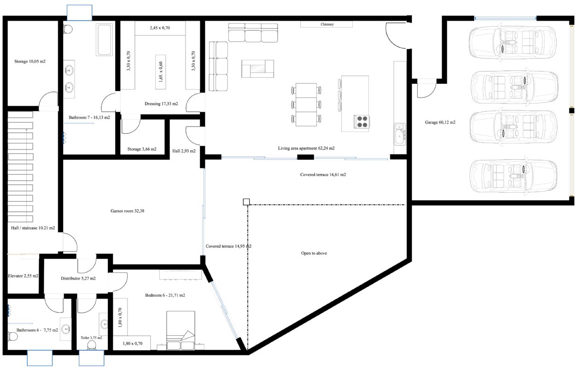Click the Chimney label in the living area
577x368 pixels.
(327, 24)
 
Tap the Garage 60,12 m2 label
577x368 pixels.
(440, 122)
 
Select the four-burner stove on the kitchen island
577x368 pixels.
(361, 122)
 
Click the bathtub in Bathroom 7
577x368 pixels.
(105, 40)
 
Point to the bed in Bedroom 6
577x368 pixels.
(181, 330)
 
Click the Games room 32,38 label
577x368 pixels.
(127, 211)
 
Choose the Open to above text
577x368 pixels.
(314, 253)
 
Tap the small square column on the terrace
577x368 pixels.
(246, 202)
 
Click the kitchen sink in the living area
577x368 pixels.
(400, 134)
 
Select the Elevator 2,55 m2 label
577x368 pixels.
(23, 276)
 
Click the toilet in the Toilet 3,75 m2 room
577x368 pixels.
(92, 345)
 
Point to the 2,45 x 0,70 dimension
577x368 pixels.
(160, 28)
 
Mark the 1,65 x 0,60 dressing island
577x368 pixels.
(160, 72)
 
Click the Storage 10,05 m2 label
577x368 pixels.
(30, 61)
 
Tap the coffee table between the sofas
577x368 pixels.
(257, 69)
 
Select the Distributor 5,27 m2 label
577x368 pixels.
(78, 278)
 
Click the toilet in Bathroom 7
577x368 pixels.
(68, 29)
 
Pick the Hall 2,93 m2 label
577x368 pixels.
(184, 151)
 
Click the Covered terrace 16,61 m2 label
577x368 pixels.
(323, 174)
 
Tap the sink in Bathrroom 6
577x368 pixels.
(66, 329)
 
